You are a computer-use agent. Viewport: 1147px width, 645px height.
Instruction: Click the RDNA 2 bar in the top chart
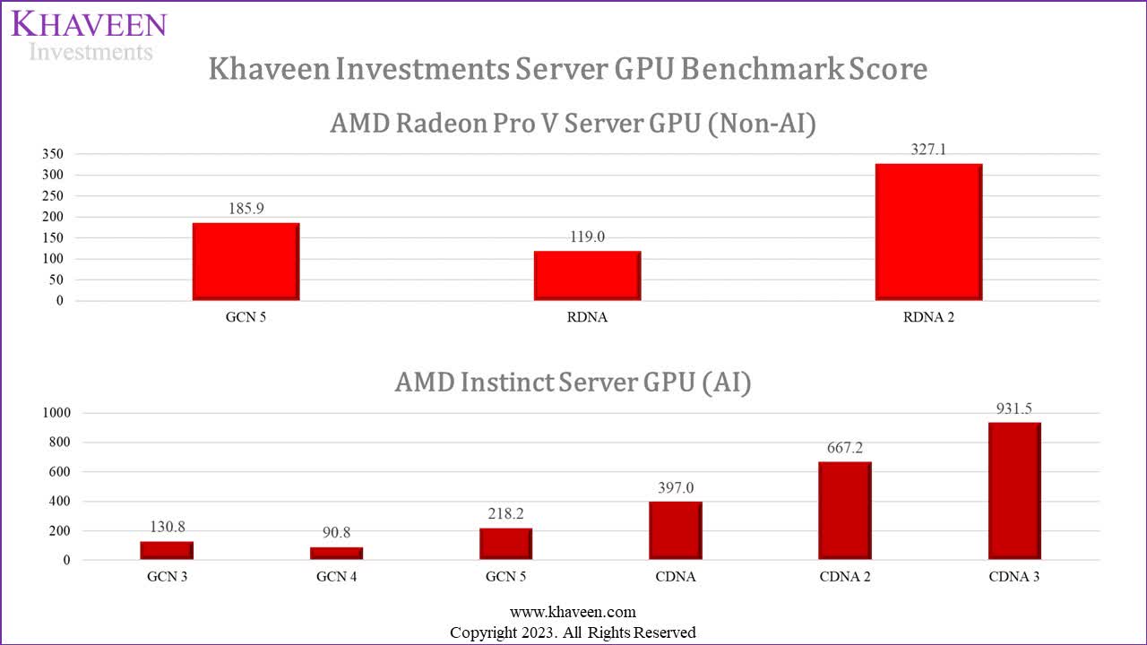tap(928, 232)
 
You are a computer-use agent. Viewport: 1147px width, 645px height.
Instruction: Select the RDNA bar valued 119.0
tap(587, 276)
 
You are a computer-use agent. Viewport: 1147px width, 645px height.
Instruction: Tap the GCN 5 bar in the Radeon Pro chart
tap(246, 262)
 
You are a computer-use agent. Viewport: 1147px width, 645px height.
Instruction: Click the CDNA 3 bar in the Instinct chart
tap(1014, 491)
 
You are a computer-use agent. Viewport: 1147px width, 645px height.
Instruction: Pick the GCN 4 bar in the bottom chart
tap(337, 554)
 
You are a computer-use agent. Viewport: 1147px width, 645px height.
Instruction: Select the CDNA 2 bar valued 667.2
tap(844, 511)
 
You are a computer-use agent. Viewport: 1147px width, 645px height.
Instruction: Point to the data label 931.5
tap(1014, 408)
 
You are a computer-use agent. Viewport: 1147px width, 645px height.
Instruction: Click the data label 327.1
tap(928, 150)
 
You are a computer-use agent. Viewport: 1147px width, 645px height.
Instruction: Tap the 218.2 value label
tap(505, 514)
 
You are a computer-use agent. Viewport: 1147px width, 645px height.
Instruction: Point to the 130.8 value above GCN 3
tap(168, 527)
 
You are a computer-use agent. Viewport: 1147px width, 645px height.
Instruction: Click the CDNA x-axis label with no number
tap(675, 577)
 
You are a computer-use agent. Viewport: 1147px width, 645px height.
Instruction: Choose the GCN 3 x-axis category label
tap(168, 577)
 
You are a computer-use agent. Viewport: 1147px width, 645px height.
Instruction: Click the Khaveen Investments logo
tap(89, 36)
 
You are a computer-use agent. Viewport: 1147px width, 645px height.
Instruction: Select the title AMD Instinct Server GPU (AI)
tap(573, 383)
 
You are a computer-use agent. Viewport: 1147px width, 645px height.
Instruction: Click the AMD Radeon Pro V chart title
tap(573, 124)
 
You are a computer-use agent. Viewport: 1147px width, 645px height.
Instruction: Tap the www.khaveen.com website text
tap(573, 612)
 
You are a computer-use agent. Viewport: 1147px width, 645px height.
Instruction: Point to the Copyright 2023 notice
tap(573, 632)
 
